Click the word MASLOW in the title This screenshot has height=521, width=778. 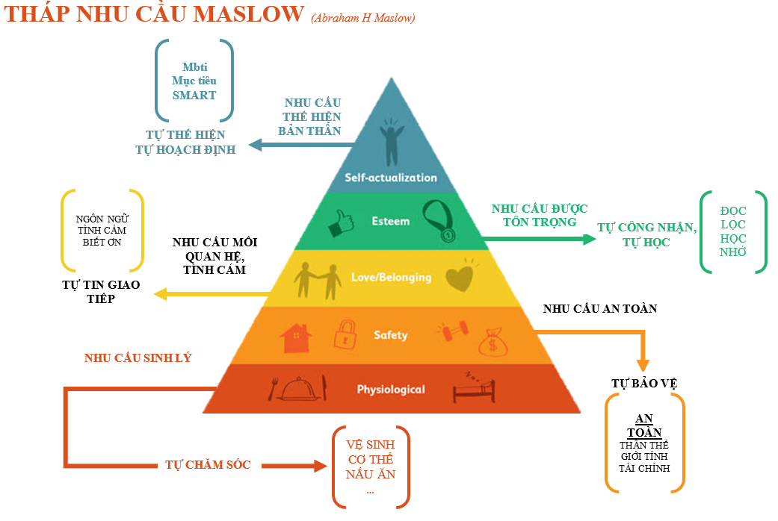[249, 14]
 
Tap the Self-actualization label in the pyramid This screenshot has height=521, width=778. [391, 178]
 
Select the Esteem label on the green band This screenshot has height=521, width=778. [391, 221]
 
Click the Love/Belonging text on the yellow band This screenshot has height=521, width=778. [392, 278]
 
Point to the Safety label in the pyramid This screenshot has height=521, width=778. [391, 335]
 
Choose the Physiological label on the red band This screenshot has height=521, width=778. [391, 390]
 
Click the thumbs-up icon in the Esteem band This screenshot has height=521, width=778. [342, 222]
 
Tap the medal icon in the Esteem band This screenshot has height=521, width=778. [439, 221]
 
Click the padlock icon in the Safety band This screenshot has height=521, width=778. [345, 334]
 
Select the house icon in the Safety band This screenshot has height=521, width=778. [296, 338]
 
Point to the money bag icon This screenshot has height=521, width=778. [493, 342]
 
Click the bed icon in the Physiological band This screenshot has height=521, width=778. [474, 388]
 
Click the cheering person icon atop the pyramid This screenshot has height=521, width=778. [392, 141]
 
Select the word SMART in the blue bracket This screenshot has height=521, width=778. [194, 96]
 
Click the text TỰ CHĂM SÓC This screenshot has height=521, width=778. [208, 464]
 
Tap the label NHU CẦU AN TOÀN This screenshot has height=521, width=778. [600, 309]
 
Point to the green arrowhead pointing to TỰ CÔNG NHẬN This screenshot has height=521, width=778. [589, 239]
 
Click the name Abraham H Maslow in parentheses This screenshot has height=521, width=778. [363, 19]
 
